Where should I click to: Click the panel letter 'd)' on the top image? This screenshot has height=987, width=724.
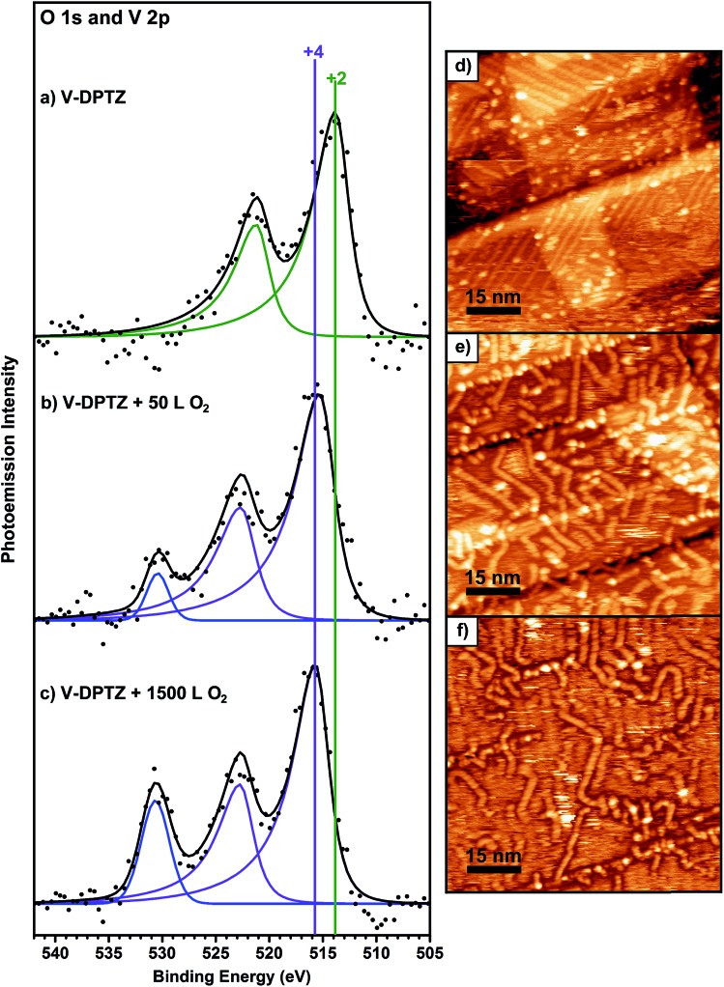tap(461, 66)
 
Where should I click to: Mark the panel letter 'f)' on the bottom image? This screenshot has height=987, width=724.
tap(460, 631)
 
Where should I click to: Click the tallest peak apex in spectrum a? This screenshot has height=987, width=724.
tap(334, 113)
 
